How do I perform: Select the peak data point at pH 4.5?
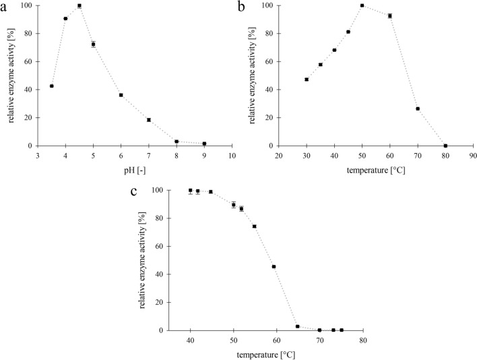point(79,5)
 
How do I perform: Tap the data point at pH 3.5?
point(51,86)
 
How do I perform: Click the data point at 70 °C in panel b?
point(418,109)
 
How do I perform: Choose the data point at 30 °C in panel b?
point(307,80)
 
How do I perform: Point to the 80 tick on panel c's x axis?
point(362,340)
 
